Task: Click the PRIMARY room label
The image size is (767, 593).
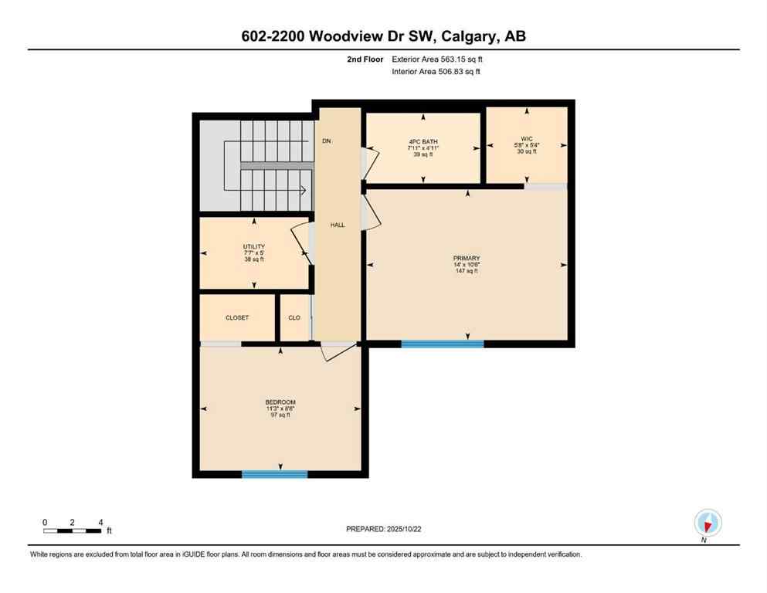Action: (467, 258)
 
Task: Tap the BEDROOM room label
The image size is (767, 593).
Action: (280, 402)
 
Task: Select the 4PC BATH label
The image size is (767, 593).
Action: (423, 141)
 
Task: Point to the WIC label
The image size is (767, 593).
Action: (527, 138)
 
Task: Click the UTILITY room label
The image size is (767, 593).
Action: (254, 247)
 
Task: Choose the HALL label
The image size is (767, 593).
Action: (338, 225)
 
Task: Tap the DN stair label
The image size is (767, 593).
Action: (327, 141)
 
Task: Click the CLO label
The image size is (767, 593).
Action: (294, 317)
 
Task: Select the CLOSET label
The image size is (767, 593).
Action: (237, 317)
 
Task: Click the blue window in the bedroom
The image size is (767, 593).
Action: (274, 474)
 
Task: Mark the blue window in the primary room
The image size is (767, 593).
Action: (442, 344)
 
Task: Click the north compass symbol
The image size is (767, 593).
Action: (708, 523)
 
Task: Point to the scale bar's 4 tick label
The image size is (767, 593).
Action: (100, 523)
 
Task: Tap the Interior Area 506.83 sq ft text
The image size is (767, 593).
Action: (436, 72)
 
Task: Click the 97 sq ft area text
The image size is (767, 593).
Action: (280, 415)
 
